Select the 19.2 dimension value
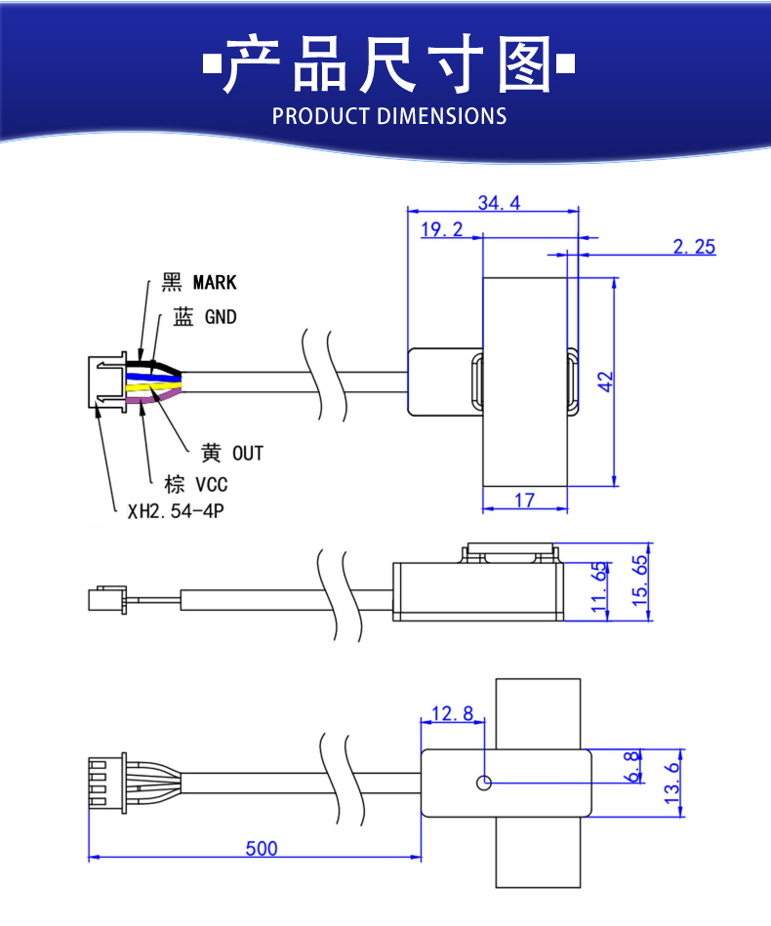tap(441, 230)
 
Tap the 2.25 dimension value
tap(694, 247)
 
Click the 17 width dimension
tap(524, 501)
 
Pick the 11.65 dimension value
tap(599, 588)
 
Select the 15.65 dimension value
tap(640, 582)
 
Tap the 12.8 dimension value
tap(451, 714)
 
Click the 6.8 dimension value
tap(634, 766)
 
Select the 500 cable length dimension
tap(261, 849)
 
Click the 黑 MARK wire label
tap(199, 283)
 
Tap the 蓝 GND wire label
tap(205, 317)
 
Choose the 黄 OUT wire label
tap(231, 453)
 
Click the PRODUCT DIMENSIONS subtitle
tap(389, 116)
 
